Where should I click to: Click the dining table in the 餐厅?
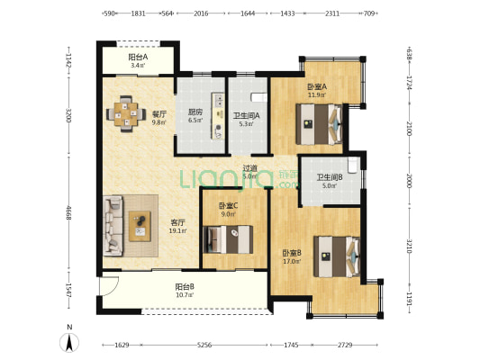click(126, 114)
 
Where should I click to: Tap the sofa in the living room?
click(113, 226)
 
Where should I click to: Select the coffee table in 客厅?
click(140, 226)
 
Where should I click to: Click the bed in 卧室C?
click(228, 239)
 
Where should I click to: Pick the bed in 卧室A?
click(319, 124)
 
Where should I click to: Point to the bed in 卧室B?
click(337, 256)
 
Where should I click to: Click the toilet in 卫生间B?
click(353, 165)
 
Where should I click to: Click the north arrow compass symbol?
click(69, 342)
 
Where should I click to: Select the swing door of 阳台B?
click(109, 286)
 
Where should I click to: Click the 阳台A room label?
click(138, 57)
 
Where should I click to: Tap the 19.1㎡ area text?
click(177, 231)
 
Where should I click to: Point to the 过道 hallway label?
click(249, 168)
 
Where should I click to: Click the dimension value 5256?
click(204, 345)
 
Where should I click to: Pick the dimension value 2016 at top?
click(201, 13)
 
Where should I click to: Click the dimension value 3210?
click(409, 246)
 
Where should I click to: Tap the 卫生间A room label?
click(247, 116)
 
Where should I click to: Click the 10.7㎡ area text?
click(185, 295)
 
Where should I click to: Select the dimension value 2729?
click(345, 345)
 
